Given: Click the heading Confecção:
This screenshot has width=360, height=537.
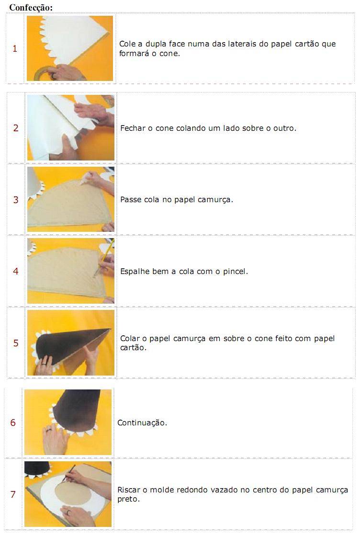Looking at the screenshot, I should (x=31, y=8).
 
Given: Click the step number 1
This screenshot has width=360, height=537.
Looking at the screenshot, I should (x=15, y=48).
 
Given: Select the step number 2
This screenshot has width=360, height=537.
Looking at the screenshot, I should (x=16, y=128).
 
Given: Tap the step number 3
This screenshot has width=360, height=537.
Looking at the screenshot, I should (x=16, y=200).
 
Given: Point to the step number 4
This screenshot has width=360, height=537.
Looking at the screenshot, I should (x=16, y=271).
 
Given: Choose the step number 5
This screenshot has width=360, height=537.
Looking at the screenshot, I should (x=16, y=343).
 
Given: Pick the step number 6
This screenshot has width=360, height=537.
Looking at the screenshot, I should (x=13, y=423).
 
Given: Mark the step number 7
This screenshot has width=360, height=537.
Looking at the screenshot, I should (x=13, y=494).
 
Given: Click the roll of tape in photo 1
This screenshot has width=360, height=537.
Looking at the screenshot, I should (x=43, y=73).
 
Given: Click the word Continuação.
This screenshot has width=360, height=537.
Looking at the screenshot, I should (x=142, y=423).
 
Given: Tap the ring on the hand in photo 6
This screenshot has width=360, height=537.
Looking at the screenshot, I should (x=48, y=430).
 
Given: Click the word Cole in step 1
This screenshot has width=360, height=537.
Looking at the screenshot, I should (x=128, y=44).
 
